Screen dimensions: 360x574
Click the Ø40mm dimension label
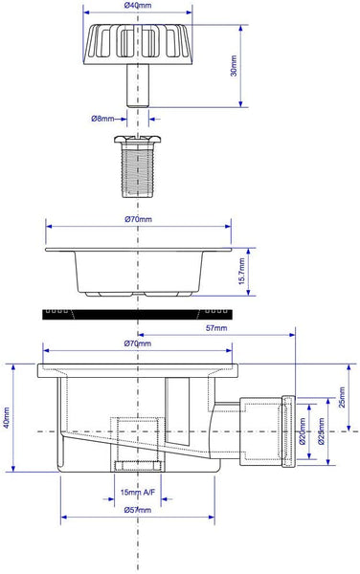coord(138,5)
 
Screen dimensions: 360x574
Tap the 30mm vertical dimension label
coord(234,66)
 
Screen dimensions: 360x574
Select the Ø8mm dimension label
coord(102,119)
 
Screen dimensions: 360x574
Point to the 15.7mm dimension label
coord(241,272)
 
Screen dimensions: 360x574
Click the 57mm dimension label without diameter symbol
coord(216,328)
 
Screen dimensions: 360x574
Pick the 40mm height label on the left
coord(7,418)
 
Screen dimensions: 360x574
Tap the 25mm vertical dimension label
coord(342,398)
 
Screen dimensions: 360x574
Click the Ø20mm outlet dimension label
coord(303,431)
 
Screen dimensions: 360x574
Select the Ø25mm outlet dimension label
coord(321,431)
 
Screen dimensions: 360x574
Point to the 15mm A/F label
coord(138,492)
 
